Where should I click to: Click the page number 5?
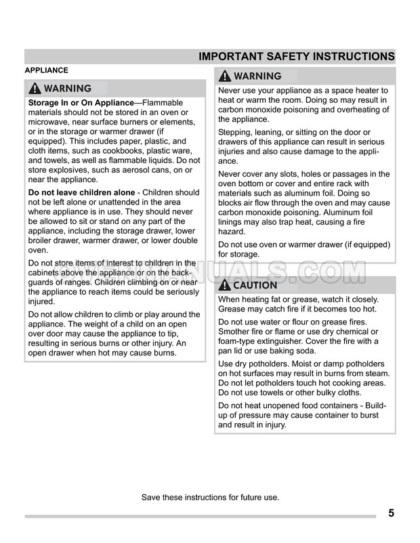pos(392,513)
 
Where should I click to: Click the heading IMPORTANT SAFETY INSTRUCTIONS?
pos(297,57)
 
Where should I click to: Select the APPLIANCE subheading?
pos(46,70)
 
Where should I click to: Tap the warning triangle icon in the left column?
pos(35,89)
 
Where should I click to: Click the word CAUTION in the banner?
pos(255,285)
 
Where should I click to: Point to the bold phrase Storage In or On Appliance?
pos(81,103)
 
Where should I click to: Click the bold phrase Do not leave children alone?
pos(81,192)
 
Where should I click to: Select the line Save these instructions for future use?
pos(210,497)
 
